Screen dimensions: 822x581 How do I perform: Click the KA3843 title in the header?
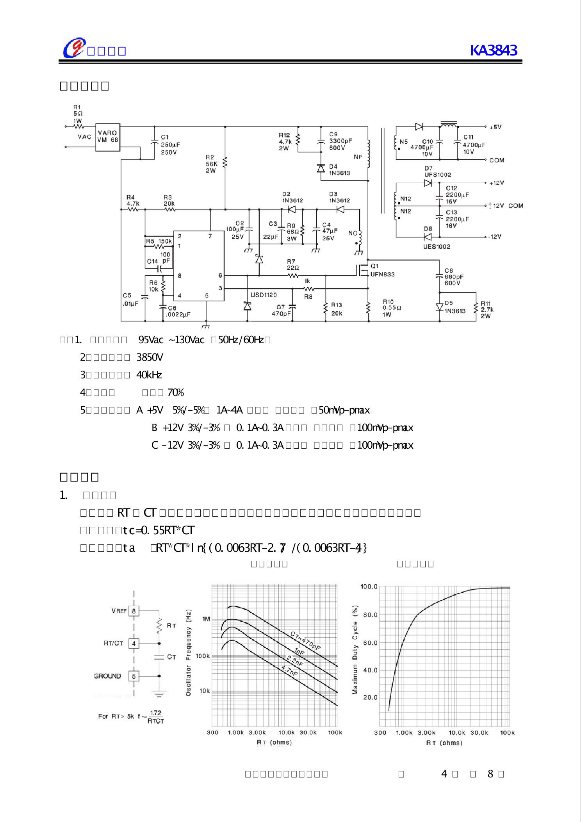coord(494,50)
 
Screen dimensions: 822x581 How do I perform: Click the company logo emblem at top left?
coord(74,48)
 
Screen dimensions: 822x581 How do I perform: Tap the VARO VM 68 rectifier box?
coord(108,137)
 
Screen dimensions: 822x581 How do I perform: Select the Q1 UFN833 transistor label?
coord(382,270)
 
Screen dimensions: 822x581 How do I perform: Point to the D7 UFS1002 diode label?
coord(438,172)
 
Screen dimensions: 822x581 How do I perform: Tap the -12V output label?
coord(495,237)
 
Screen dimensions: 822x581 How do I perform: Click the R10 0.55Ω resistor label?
coord(392,308)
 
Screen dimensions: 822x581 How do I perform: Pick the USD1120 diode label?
coord(264,295)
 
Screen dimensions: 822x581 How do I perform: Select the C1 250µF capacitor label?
coord(170,144)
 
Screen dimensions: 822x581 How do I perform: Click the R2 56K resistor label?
coord(212,164)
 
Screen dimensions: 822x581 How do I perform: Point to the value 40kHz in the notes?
coord(149,375)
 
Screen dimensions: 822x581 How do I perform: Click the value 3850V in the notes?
coord(150,357)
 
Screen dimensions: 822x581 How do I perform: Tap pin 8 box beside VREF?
coord(134,611)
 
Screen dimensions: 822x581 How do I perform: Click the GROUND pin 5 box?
coord(134,676)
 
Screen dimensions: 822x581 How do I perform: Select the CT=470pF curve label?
coord(305,641)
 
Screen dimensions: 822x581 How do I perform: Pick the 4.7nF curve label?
coord(290,670)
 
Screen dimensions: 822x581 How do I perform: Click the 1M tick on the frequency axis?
coord(206,619)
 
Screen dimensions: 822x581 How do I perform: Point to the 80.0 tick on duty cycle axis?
coord(370,615)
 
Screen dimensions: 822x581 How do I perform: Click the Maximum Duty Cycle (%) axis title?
coord(355,650)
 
